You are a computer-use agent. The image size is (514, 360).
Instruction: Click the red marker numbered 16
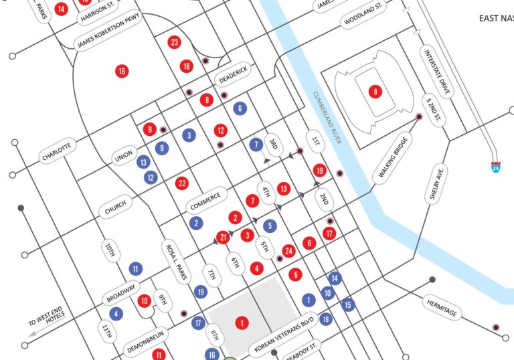121,71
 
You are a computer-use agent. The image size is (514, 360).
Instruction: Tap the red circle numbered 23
175,43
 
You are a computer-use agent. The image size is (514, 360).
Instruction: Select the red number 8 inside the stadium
375,92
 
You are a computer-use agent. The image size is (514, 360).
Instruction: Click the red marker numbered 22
181,183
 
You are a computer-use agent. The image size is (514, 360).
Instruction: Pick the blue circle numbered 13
143,162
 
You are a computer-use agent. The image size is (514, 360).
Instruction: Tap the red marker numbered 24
288,251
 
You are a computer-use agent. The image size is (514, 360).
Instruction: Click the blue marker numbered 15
347,304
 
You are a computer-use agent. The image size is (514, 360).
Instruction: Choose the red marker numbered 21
224,237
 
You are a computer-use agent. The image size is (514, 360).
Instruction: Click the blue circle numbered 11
136,269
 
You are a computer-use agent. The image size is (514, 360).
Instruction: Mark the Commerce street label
205,199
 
